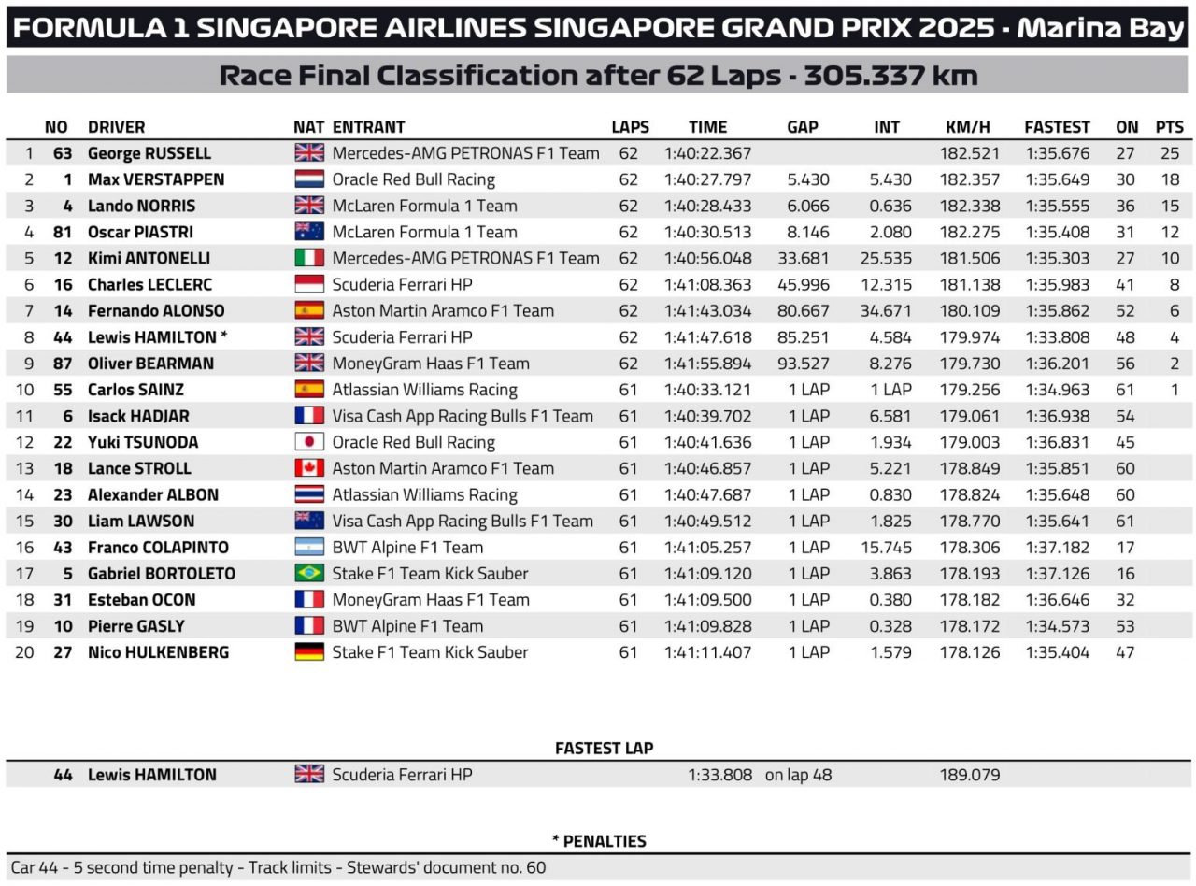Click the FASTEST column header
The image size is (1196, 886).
1057,127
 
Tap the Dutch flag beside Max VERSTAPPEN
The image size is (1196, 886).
309,179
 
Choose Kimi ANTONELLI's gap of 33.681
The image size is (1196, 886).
803,258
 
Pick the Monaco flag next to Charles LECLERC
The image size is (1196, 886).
309,284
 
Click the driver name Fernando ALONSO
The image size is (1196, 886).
156,310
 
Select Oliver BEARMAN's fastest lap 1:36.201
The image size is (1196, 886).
1057,364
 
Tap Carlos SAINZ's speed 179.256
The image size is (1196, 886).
973,390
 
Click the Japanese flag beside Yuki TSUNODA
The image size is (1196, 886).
309,442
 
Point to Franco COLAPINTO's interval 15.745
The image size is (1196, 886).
887,548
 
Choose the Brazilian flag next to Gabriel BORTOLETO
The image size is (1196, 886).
309,574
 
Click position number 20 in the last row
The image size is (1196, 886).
24,652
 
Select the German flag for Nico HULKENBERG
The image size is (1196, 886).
309,652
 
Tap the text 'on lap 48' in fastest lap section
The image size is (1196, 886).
798,775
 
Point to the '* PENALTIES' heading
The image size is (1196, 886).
599,841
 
